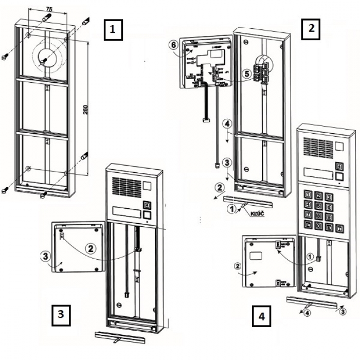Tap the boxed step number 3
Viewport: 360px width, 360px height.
coord(61,314)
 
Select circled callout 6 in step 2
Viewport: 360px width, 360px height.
coord(174,45)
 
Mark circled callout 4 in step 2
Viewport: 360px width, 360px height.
coord(227,124)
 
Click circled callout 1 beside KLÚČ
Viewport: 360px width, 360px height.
coord(232,209)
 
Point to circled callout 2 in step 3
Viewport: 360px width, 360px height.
coord(91,248)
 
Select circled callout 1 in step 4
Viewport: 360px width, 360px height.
coord(310,255)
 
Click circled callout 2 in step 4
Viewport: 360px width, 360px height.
coord(237,266)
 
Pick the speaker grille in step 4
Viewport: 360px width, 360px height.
coord(318,148)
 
